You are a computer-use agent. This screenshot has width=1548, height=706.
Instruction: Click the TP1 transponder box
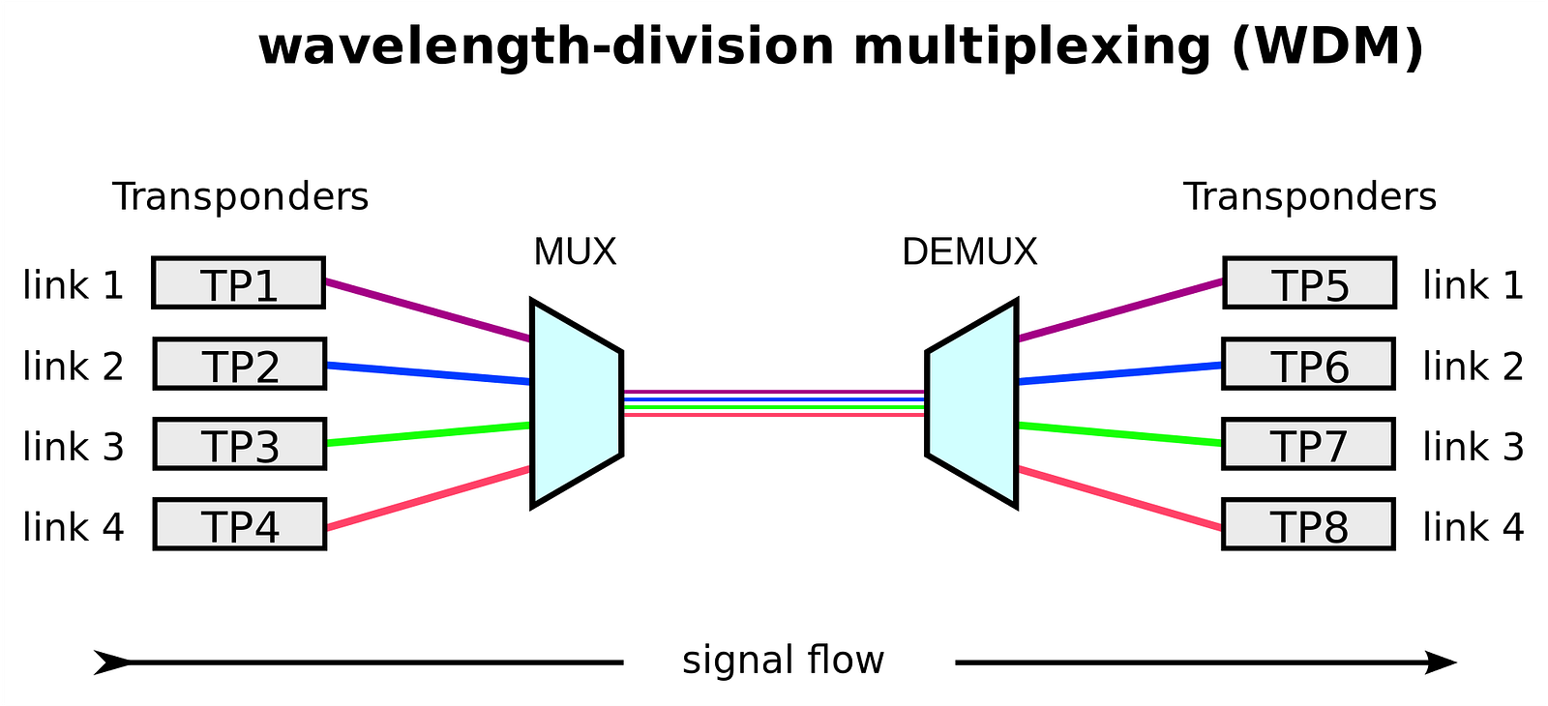point(238,283)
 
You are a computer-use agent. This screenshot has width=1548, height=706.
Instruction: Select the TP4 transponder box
point(239,524)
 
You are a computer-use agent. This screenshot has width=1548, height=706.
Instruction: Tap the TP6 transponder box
point(1308,364)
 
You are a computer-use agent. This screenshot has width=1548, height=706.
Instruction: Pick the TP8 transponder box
point(1308,524)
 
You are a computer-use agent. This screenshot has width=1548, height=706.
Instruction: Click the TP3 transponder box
point(239,444)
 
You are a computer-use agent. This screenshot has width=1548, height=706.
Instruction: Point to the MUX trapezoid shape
point(576,402)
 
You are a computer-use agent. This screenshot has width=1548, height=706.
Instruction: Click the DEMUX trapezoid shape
point(971,402)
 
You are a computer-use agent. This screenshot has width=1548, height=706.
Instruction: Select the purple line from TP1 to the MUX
point(427,310)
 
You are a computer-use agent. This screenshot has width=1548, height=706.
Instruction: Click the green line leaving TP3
point(427,434)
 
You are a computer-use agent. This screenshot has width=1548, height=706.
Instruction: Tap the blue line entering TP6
point(1119,373)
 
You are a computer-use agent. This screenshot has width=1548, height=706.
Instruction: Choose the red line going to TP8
point(1119,498)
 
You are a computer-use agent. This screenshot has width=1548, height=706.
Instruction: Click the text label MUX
point(575,252)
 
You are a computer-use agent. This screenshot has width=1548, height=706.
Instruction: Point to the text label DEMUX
point(969,252)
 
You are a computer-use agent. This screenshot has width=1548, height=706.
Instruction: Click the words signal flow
point(783,661)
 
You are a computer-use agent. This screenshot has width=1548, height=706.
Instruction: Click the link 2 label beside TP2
point(74,367)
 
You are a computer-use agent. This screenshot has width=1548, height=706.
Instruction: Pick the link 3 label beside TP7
point(1473,447)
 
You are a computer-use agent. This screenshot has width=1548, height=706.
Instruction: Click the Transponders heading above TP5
point(1310,196)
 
